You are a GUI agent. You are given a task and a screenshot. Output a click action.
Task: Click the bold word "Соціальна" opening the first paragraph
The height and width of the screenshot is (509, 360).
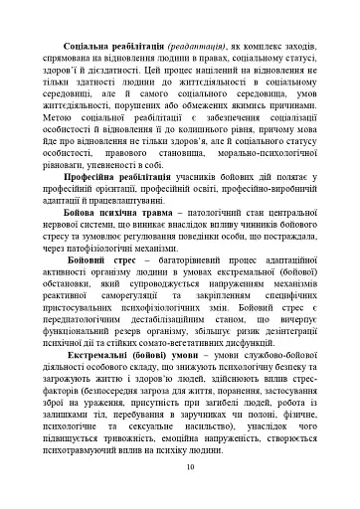point(86,47)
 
